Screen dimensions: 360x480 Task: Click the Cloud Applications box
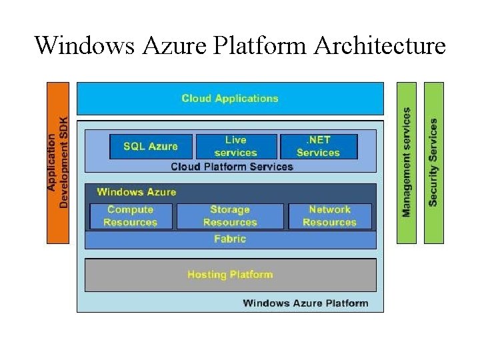[230, 99]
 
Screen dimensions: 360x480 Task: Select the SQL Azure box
[151, 147]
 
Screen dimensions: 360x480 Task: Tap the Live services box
[236, 147]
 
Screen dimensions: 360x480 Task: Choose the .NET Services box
[319, 147]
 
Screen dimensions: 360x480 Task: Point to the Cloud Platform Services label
[231, 167]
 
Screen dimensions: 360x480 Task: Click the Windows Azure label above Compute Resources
[136, 192]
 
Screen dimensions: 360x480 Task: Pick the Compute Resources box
[131, 216]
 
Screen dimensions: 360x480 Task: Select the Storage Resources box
[230, 216]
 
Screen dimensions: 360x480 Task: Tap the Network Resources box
[329, 216]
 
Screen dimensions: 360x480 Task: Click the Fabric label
[230, 239]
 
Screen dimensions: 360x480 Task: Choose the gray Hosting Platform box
[230, 275]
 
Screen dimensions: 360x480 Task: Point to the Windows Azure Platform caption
[305, 303]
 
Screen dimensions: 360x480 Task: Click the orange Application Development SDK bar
[57, 162]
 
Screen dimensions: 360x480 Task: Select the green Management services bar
[407, 162]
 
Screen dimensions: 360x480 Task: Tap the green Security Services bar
[433, 162]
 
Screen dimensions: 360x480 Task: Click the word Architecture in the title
[379, 46]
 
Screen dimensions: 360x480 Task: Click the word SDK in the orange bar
[63, 127]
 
